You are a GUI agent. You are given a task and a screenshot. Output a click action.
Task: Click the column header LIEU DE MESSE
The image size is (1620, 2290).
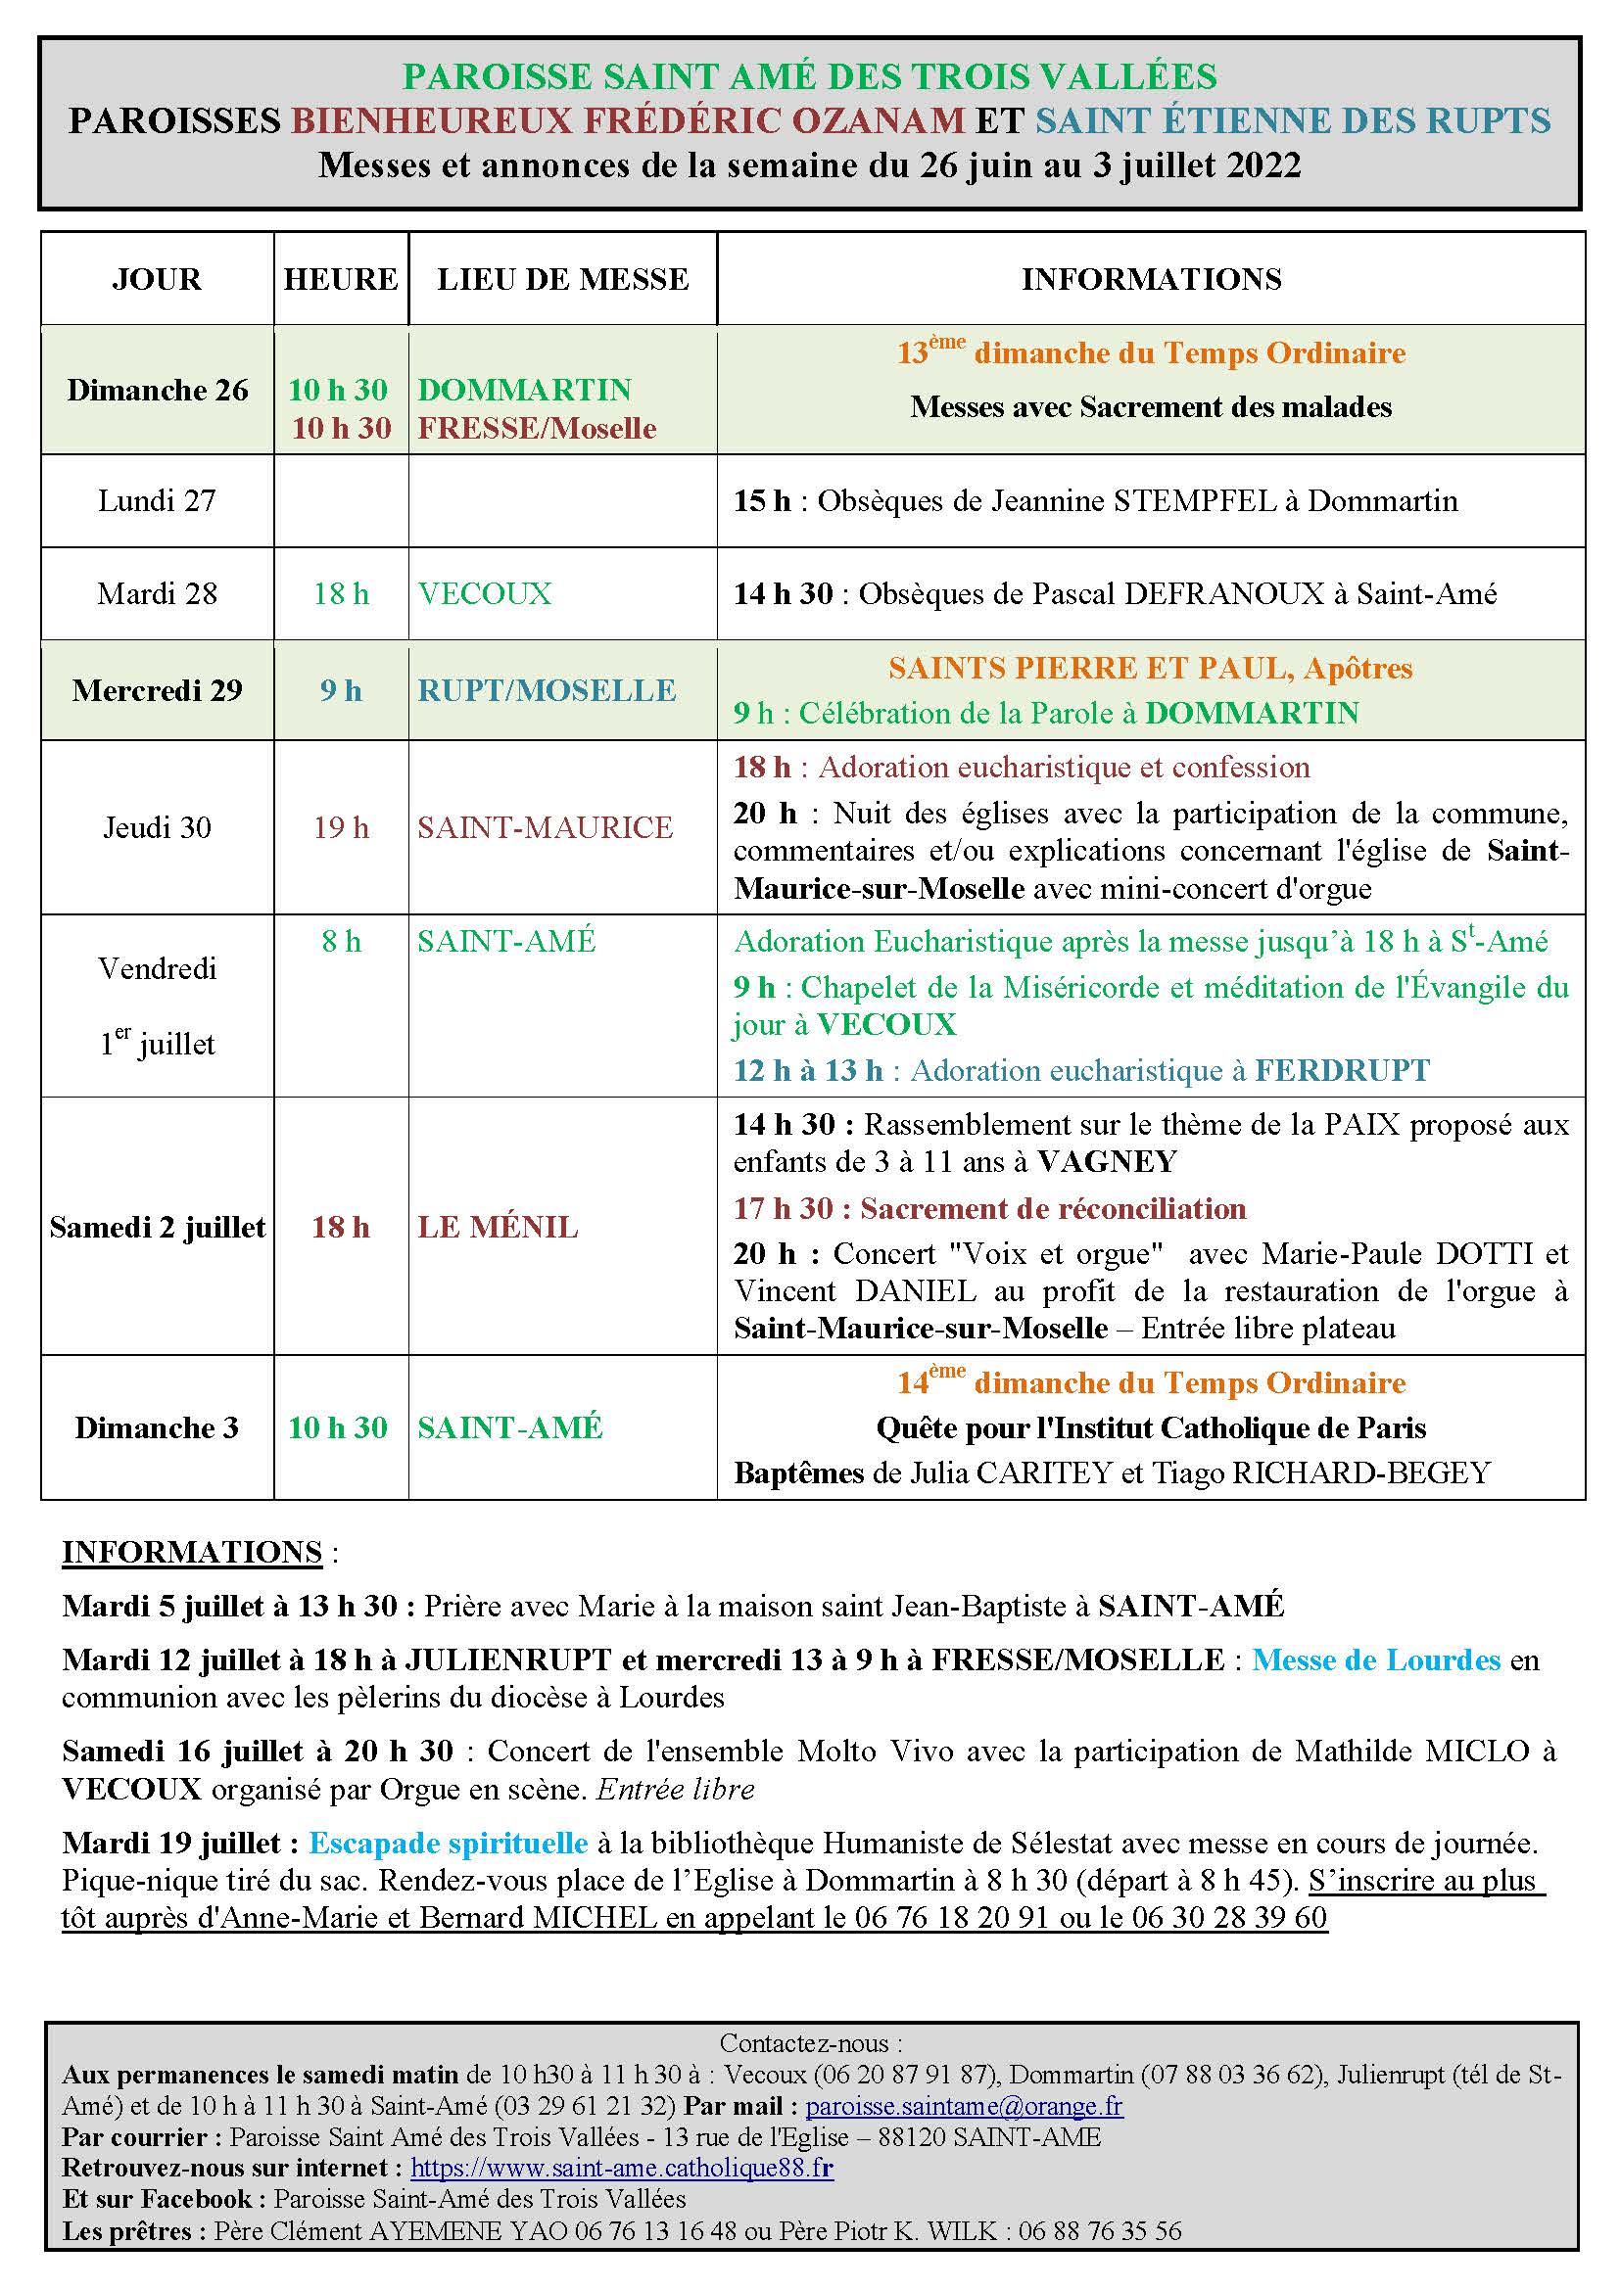[x=562, y=279]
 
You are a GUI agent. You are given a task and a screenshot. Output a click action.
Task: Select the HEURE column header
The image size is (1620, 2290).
[x=341, y=279]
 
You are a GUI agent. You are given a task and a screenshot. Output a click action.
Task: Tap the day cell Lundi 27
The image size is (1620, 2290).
[x=157, y=500]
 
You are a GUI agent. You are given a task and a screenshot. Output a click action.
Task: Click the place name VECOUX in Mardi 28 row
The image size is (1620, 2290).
[x=485, y=594]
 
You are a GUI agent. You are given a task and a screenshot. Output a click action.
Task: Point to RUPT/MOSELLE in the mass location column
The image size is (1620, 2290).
[x=547, y=690]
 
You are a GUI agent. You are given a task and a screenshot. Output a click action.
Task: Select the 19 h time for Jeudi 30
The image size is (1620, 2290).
[x=341, y=828]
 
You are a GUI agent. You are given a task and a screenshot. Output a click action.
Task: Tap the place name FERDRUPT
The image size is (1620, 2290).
[x=1342, y=1071]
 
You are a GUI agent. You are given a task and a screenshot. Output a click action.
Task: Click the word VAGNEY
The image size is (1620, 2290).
[x=1108, y=1162]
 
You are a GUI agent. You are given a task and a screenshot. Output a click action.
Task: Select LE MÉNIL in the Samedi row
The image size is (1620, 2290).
[x=498, y=1228]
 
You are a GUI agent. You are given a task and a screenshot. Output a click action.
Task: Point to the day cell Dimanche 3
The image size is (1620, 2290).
[x=157, y=1428]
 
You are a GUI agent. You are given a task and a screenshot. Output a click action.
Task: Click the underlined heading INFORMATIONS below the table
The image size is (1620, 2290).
[x=193, y=1553]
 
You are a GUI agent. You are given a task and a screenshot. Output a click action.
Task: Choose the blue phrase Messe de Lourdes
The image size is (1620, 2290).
[x=1376, y=1659]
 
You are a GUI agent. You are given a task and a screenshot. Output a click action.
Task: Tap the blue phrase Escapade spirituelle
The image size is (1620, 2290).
[x=448, y=1844]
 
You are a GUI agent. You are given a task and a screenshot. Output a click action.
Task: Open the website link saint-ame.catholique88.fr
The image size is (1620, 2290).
[x=622, y=2168]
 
